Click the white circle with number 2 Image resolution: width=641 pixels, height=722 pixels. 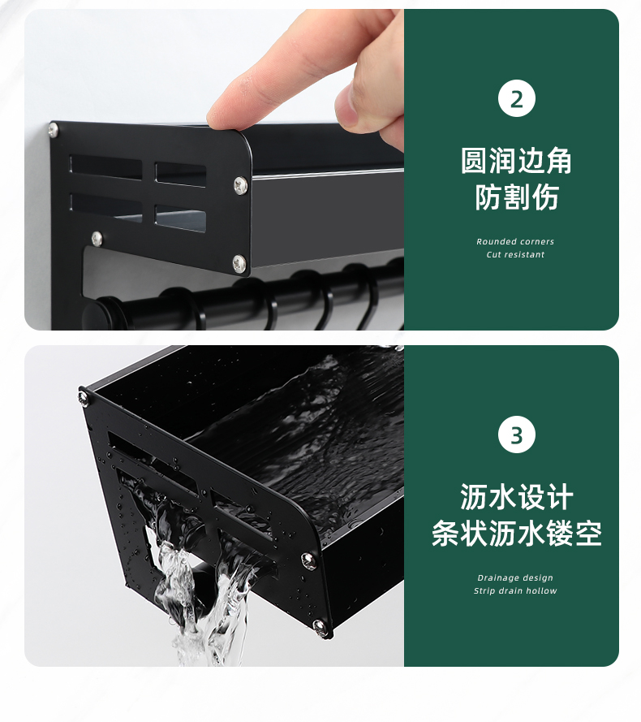[x=516, y=98]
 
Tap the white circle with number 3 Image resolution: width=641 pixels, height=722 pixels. [x=516, y=434]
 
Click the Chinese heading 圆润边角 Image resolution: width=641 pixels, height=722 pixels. [x=516, y=161]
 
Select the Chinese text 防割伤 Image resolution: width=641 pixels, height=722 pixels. [x=516, y=197]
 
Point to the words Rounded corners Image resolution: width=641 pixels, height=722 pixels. [x=515, y=241]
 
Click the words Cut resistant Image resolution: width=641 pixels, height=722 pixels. [x=515, y=254]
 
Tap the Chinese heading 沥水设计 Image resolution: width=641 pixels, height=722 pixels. [x=516, y=497]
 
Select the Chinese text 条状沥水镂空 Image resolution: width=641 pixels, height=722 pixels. [x=516, y=534]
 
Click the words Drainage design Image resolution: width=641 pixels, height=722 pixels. [x=515, y=577]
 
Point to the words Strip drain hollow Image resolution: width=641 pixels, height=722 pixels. [x=515, y=590]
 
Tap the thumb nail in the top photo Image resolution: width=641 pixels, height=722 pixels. [x=348, y=104]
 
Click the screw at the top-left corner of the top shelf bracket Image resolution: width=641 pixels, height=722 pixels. [x=54, y=130]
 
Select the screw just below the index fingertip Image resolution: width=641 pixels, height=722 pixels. [x=239, y=185]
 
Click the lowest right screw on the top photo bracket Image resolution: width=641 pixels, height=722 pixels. [x=239, y=262]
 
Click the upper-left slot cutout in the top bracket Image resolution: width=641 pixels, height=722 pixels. [x=105, y=167]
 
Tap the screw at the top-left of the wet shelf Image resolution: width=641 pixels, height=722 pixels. [x=84, y=396]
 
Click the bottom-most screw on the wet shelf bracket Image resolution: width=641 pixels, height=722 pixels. [x=320, y=627]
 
